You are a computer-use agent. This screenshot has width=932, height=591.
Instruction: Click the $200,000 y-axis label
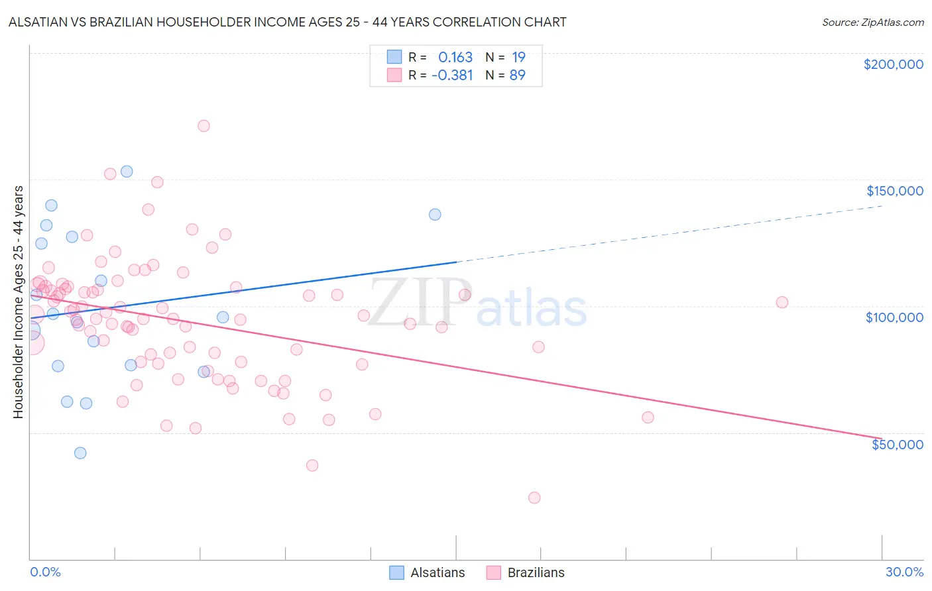coord(893,64)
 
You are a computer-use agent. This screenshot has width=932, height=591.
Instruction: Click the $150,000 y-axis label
coord(894,191)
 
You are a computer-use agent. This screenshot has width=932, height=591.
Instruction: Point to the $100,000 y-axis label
coord(894,317)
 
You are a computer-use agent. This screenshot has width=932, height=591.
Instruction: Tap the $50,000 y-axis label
coord(897,445)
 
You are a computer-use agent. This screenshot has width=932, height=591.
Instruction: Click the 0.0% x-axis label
coord(45,572)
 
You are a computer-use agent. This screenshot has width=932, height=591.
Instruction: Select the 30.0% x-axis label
coord(904,572)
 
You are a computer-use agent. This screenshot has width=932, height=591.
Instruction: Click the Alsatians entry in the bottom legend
coord(437,572)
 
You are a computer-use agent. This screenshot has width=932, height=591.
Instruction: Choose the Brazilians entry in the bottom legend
coord(536,572)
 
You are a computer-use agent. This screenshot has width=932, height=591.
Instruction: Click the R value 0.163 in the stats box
coord(455,58)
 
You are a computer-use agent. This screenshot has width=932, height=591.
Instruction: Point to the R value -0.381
coord(452,76)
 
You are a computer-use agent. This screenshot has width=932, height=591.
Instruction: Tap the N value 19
coord(518,58)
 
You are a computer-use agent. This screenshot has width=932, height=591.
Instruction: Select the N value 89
coord(517,76)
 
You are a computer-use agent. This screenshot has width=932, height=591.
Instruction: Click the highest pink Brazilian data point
coord(204,126)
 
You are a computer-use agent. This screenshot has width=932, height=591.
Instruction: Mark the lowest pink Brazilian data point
coord(534,498)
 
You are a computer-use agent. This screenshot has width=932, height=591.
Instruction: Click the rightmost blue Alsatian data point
coord(435,214)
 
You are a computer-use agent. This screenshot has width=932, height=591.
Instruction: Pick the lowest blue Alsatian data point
coord(80,453)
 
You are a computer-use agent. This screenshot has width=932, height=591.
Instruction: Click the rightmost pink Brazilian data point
coord(782,302)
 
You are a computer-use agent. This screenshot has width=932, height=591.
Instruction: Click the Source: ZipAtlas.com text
coord(872,23)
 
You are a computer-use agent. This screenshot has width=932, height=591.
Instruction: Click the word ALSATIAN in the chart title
coord(40,22)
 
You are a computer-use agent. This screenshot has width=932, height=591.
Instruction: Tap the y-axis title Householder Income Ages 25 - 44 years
coord(19,302)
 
